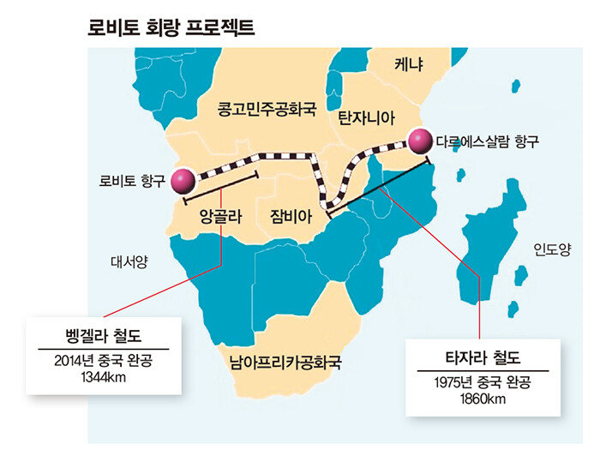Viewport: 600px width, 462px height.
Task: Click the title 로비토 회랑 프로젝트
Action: click(x=171, y=27)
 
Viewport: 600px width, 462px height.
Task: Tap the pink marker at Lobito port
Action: click(x=183, y=181)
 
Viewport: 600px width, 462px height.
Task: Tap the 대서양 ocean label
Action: click(x=129, y=262)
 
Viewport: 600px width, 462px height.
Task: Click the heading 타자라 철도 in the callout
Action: click(x=482, y=357)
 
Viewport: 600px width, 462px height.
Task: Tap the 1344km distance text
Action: click(x=103, y=376)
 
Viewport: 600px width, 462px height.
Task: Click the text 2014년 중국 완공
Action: click(x=103, y=361)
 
